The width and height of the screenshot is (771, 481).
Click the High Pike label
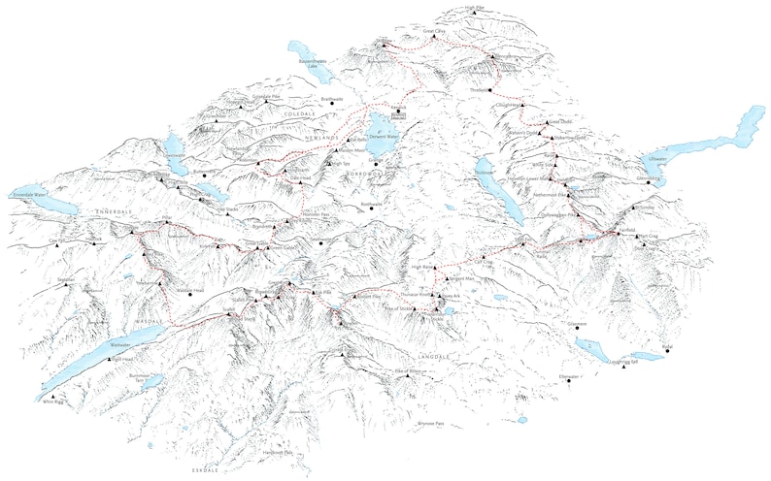pos(473,7)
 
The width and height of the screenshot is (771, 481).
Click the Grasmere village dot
pos(576,328)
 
